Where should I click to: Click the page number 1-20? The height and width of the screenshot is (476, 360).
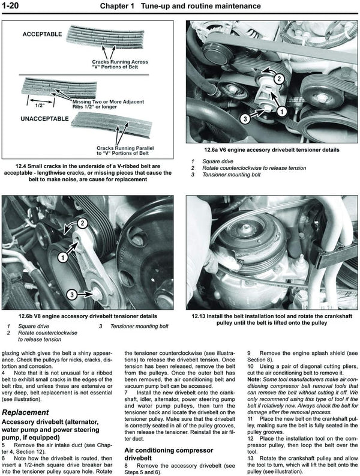[x=14, y=7]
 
